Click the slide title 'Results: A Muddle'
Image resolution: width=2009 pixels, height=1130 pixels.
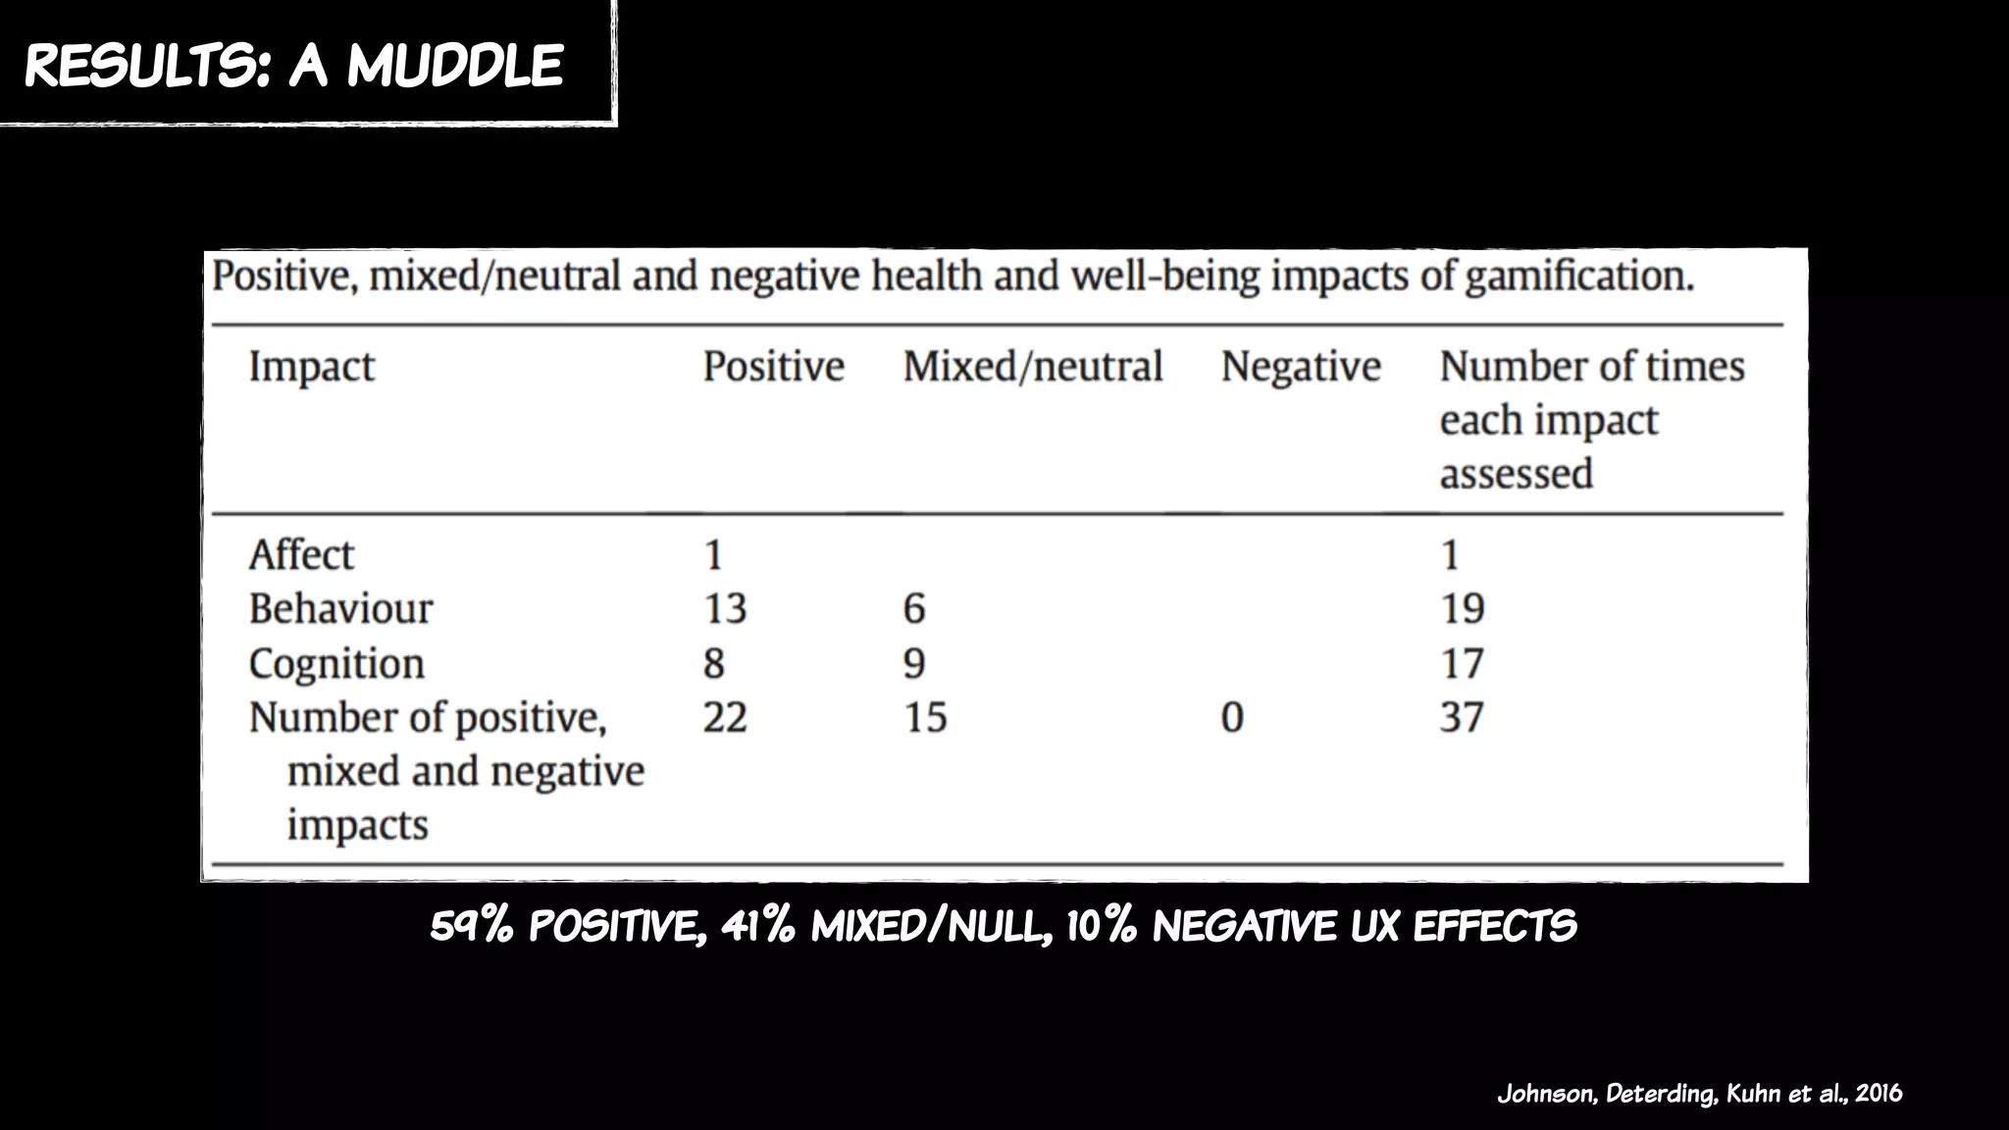tap(293, 66)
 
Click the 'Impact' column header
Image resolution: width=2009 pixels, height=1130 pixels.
tap(311, 367)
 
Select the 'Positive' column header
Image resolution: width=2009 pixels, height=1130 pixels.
tap(773, 367)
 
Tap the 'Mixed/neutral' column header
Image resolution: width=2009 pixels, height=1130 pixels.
tap(1032, 367)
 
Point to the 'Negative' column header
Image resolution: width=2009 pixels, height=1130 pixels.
tap(1301, 367)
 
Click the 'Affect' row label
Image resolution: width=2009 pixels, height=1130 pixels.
tap(300, 555)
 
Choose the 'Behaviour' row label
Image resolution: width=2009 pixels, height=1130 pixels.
tap(340, 609)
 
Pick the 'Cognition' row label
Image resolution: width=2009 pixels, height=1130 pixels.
tap(336, 664)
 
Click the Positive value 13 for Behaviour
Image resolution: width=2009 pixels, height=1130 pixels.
tap(725, 609)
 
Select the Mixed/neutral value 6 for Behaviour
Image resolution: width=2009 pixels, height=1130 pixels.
tap(913, 609)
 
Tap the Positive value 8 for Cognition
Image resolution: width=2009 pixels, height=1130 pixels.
tap(713, 664)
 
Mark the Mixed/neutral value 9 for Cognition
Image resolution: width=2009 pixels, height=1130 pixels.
tap(913, 664)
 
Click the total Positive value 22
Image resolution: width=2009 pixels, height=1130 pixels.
tap(725, 717)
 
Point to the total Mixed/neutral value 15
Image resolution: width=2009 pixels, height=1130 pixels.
tap(925, 717)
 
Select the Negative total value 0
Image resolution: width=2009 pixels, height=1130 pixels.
tap(1232, 717)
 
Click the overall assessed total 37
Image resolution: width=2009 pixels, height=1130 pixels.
tap(1462, 717)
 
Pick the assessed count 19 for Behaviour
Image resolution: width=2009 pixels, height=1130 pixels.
tap(1462, 609)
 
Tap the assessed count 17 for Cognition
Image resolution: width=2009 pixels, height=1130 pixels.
tap(1462, 664)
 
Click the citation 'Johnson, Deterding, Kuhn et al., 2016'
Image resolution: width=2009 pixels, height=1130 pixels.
tap(1699, 1094)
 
